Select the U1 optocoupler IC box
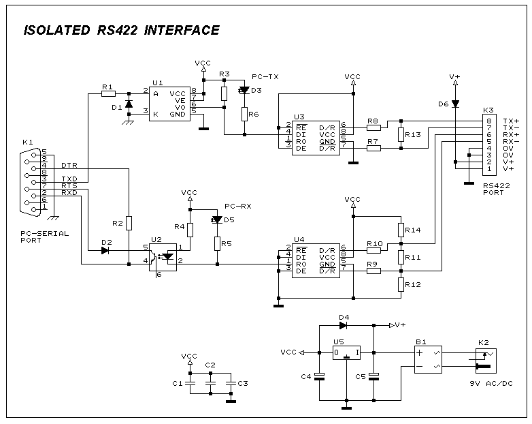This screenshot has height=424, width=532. pyautogui.click(x=169, y=104)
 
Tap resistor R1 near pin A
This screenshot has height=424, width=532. pyautogui.click(x=107, y=93)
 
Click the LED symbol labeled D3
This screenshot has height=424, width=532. pyautogui.click(x=243, y=89)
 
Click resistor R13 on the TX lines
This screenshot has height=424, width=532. pyautogui.click(x=401, y=134)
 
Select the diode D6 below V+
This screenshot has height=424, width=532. pyautogui.click(x=455, y=104)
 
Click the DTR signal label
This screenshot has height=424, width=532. pyautogui.click(x=69, y=166)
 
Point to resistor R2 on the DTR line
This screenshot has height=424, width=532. pyautogui.click(x=128, y=223)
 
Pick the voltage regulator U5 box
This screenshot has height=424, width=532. pyautogui.click(x=346, y=352)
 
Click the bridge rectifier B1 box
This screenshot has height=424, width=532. pyautogui.click(x=429, y=359)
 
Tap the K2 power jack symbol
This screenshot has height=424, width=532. pyautogui.click(x=484, y=359)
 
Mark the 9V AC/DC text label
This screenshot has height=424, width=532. pyautogui.click(x=491, y=384)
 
